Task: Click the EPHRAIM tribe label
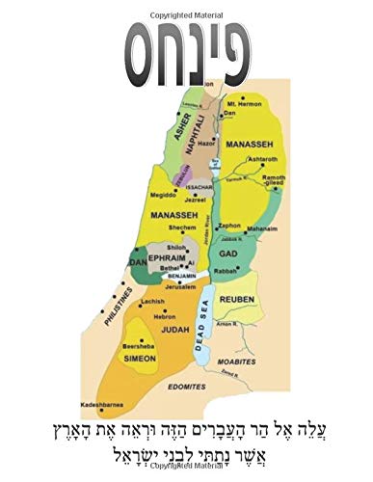tap(168, 258)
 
